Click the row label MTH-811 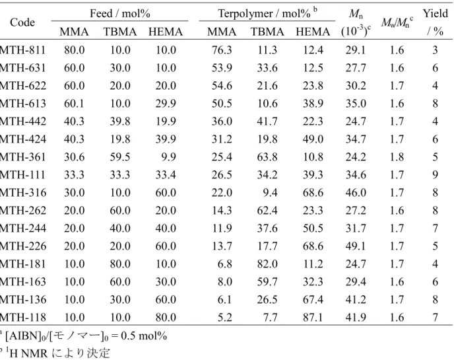click(22, 50)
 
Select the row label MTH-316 click(23, 193)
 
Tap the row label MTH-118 click(23, 317)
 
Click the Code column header click(22, 22)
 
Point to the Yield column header click(435, 22)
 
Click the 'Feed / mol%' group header click(120, 13)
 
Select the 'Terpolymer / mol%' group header click(267, 13)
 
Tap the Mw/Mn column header click(397, 22)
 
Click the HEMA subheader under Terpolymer click(313, 32)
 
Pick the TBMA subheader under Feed click(120, 32)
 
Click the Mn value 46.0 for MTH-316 click(356, 193)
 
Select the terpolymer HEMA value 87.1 click(313, 317)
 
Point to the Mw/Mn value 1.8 click(397, 157)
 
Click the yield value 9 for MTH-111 click(435, 175)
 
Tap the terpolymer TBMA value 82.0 click(267, 264)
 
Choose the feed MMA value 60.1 click(74, 104)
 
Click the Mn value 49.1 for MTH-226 click(356, 246)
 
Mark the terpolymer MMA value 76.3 click(222, 50)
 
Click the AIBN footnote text click(83, 336)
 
